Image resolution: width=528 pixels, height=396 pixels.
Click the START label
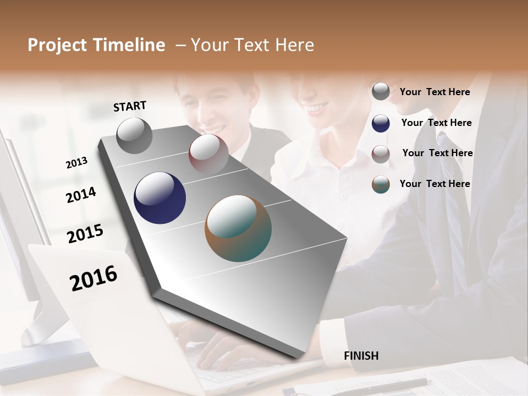(x=130, y=106)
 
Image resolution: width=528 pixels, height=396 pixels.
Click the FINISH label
(x=361, y=356)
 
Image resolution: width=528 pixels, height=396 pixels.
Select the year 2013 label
(x=76, y=162)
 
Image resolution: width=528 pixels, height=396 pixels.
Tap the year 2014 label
(x=81, y=195)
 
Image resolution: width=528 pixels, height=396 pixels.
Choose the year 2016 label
(x=94, y=278)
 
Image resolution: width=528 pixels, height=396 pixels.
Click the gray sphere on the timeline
(x=135, y=136)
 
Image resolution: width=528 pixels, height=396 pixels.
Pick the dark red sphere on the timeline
(x=208, y=153)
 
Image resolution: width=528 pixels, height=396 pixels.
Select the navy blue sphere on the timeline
(x=159, y=198)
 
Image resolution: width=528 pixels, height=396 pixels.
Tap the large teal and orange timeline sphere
(x=238, y=228)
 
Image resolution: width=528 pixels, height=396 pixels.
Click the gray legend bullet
(x=381, y=91)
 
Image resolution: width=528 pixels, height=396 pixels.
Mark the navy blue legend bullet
(x=381, y=123)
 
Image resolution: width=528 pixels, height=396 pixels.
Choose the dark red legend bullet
(x=381, y=153)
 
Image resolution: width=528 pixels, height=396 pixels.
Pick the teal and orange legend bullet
(x=381, y=184)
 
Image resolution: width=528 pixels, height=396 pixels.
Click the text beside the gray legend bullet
(x=435, y=92)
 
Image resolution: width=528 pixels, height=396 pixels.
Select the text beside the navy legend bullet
(x=436, y=123)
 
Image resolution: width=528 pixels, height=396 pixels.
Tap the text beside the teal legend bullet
(x=435, y=184)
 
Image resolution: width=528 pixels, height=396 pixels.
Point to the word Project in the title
(x=58, y=45)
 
